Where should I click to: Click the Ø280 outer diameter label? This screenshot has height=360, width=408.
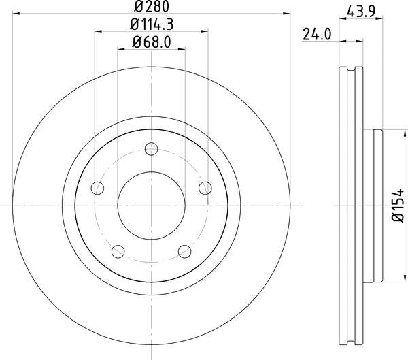tap(152, 7)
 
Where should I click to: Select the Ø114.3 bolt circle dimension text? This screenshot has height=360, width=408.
tap(151, 24)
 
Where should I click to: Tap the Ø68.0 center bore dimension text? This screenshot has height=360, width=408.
tap(150, 42)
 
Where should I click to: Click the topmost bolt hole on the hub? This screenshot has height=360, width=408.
tap(151, 148)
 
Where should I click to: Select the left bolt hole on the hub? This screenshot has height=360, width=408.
tap(99, 189)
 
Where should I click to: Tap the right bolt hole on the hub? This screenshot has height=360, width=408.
tap(203, 188)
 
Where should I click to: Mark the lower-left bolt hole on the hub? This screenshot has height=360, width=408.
tap(118, 251)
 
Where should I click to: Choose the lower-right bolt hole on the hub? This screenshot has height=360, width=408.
tap(184, 251)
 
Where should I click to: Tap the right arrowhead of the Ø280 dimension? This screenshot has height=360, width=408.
tap(286, 14)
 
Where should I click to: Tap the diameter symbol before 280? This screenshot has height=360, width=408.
tap(138, 7)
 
